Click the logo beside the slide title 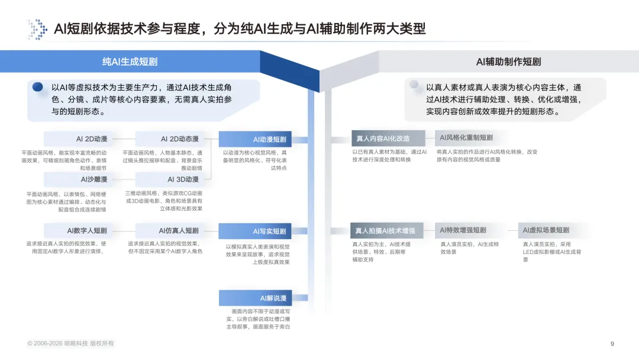pyautogui.click(x=37, y=29)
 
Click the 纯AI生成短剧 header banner pyautogui.click(x=130, y=62)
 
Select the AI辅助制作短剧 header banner pyautogui.click(x=508, y=62)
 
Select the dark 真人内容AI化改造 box pyautogui.click(x=388, y=139)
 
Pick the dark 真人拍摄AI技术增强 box pyautogui.click(x=389, y=231)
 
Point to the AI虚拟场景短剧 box pyautogui.click(x=545, y=230)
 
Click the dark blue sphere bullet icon pyautogui.click(x=38, y=87)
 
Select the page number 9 pyautogui.click(x=612, y=343)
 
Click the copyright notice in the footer pyautogui.click(x=70, y=343)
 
